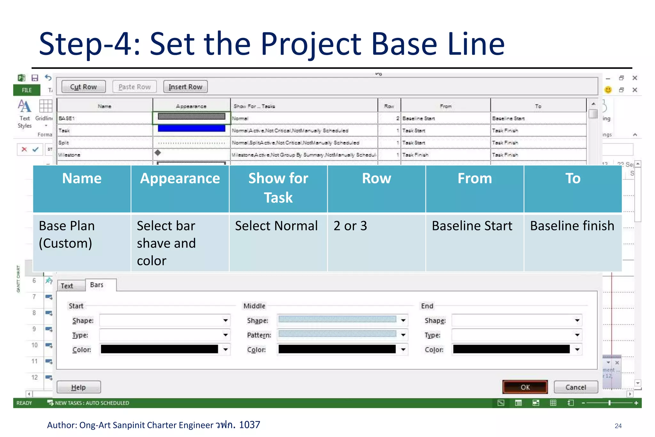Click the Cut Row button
point(83,87)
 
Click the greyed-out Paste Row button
point(134,87)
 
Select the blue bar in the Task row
point(191,129)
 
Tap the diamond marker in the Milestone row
point(158,153)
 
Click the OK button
point(525,387)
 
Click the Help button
point(79,387)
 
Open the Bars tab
point(97,285)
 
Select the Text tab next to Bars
point(67,286)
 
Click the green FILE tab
point(27,90)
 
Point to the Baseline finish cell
point(572,226)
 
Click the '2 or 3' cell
point(351,226)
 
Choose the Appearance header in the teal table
point(180,179)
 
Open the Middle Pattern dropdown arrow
point(403,335)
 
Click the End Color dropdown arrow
point(577,349)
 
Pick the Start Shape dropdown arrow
point(225,320)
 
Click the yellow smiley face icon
point(608,90)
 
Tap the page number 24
point(618,426)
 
